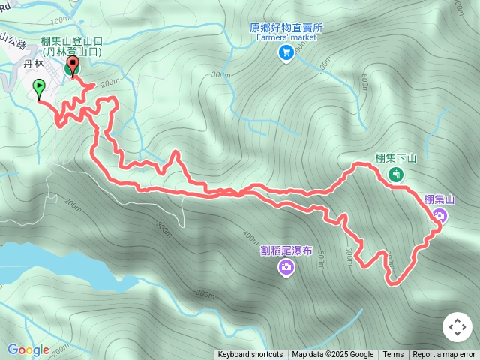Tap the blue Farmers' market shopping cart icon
coord(286,52)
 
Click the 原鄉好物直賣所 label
coord(286,27)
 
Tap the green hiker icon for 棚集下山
coord(396,175)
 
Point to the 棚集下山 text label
coord(396,158)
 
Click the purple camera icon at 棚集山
coord(440,216)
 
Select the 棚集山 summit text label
coord(439,199)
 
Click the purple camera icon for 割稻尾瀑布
coord(286,266)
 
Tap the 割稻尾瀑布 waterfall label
coord(286,250)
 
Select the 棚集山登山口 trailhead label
coord(71,41)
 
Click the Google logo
coord(28,349)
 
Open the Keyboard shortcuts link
coord(250,355)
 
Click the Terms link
coord(393,355)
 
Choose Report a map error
coord(444,355)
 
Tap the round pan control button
coord(457,327)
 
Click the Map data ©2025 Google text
coord(333,355)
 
